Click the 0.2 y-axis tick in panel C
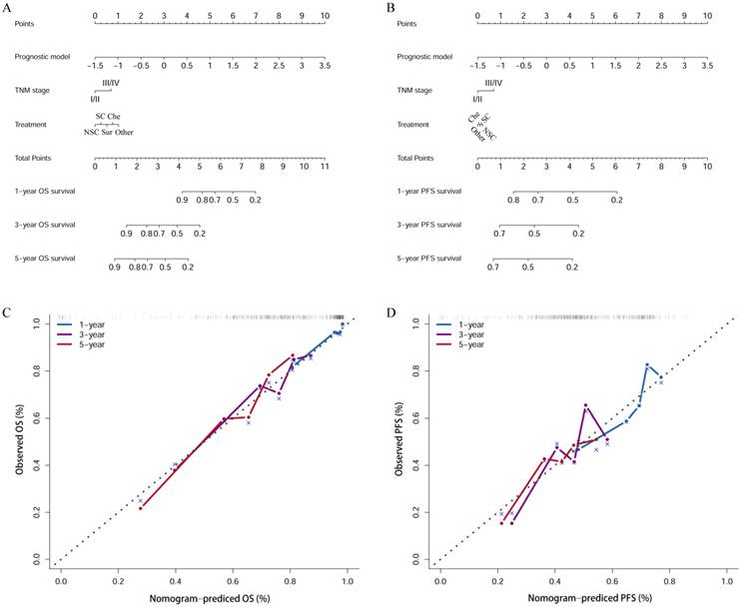pyautogui.click(x=36, y=511)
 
